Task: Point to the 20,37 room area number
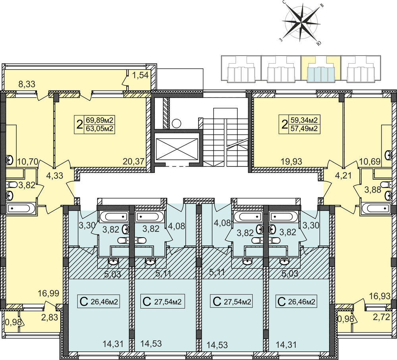(133, 161)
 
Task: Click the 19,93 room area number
(291, 161)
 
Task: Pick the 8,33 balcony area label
(27, 84)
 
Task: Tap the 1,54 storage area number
(140, 75)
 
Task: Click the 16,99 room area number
(48, 293)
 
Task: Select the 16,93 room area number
(380, 296)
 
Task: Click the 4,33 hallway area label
(55, 175)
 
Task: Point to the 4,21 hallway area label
(343, 175)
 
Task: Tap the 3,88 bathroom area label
(373, 190)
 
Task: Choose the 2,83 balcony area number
(50, 317)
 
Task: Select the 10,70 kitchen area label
(28, 161)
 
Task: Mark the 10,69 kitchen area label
(370, 161)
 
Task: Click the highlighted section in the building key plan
(321, 69)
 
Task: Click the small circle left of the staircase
(177, 124)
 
